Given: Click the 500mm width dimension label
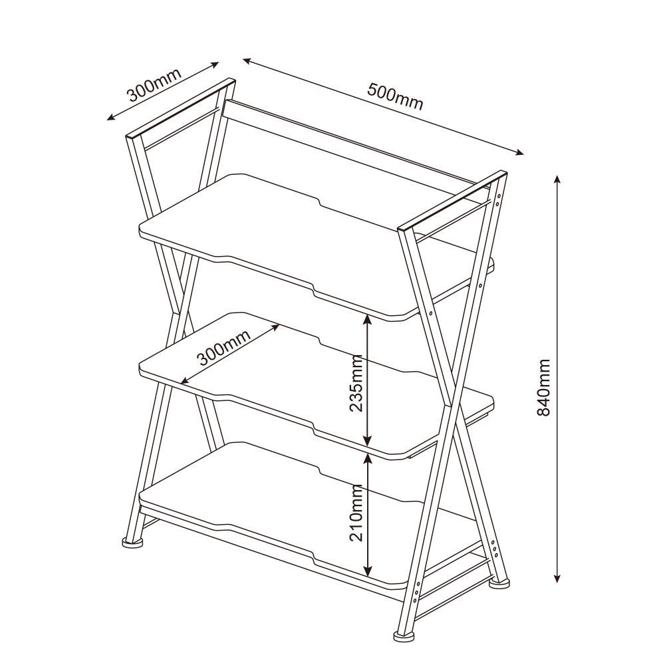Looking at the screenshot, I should pos(395,97).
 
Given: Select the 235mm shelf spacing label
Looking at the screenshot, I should pos(356,383).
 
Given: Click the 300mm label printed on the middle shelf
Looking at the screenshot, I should pos(223,347).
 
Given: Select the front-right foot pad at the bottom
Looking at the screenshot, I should pos(403,636).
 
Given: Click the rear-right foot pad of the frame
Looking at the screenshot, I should pos(499,583).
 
